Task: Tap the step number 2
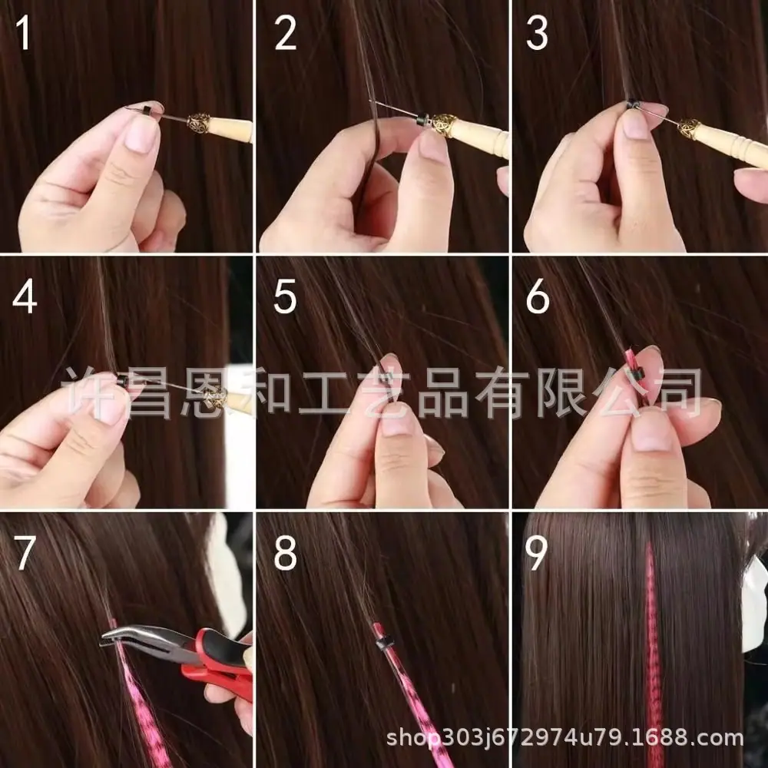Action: click(x=285, y=33)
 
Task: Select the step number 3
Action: click(x=537, y=33)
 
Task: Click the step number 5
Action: click(x=285, y=296)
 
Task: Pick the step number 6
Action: click(x=538, y=296)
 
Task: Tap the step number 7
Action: click(x=25, y=553)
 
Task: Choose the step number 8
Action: click(x=285, y=553)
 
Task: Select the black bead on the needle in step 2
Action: click(x=422, y=120)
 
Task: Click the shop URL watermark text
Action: click(x=564, y=737)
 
